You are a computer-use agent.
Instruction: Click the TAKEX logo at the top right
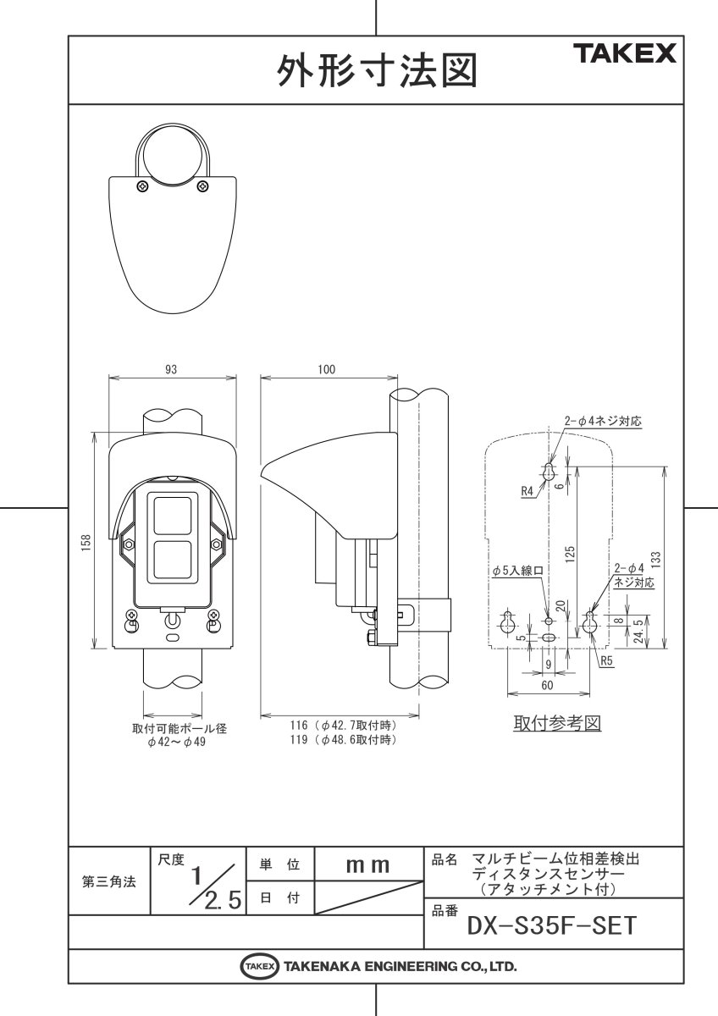pos(627,55)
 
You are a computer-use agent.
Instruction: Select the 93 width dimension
pos(172,369)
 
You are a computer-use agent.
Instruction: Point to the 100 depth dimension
pos(327,369)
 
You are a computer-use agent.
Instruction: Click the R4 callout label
pos(526,490)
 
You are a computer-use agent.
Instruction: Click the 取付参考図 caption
pos(556,725)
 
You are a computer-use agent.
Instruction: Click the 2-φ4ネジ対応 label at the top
pos(605,420)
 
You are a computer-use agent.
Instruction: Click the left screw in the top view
pos(142,185)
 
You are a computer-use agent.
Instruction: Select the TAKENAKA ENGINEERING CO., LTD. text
pos(400,966)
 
